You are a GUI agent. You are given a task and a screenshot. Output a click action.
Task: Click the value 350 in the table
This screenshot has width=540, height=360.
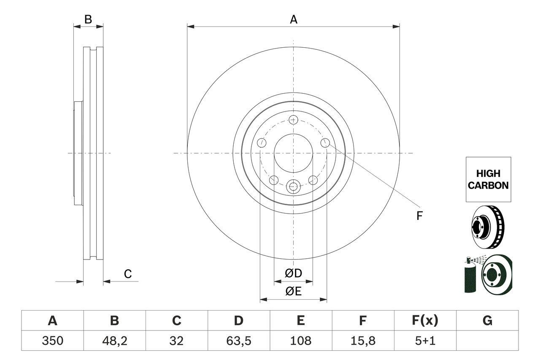tap(52, 341)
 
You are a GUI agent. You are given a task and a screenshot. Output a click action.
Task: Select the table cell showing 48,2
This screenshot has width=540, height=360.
tap(114, 341)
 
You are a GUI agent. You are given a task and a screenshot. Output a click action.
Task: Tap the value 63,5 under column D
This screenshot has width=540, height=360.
tap(238, 341)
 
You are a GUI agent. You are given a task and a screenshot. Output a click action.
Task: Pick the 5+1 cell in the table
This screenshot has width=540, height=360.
tap(425, 341)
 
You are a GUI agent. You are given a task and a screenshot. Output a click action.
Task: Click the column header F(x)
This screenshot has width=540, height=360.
tap(425, 321)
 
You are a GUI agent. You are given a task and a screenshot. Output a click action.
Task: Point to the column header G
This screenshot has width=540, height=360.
tap(487, 321)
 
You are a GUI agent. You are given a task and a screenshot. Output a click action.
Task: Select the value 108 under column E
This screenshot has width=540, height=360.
tap(300, 341)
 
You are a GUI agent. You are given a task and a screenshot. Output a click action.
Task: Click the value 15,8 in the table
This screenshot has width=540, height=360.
tap(362, 341)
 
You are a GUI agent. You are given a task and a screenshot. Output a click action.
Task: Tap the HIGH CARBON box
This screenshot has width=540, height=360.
tap(488, 179)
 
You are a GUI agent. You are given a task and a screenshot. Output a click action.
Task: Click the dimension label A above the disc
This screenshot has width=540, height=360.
tap(293, 19)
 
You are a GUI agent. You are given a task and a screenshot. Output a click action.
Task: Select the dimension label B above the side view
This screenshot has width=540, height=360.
tap(88, 19)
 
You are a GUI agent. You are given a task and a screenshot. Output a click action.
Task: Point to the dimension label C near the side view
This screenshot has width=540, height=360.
tap(127, 274)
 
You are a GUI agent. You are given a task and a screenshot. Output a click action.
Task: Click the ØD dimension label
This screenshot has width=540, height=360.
tap(293, 273)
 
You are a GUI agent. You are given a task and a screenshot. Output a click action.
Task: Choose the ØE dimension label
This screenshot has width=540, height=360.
tap(293, 291)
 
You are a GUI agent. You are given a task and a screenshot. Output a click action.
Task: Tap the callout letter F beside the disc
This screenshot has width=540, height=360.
tap(419, 216)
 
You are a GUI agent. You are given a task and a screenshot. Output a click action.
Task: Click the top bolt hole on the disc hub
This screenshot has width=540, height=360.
tap(294, 119)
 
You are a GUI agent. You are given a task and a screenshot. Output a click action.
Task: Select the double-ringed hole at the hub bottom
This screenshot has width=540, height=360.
tap(293, 186)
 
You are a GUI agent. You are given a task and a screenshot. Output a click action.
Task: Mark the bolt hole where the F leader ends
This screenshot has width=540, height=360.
tap(325, 143)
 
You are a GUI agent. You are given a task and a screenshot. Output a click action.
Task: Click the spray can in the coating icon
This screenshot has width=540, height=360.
tap(470, 276)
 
